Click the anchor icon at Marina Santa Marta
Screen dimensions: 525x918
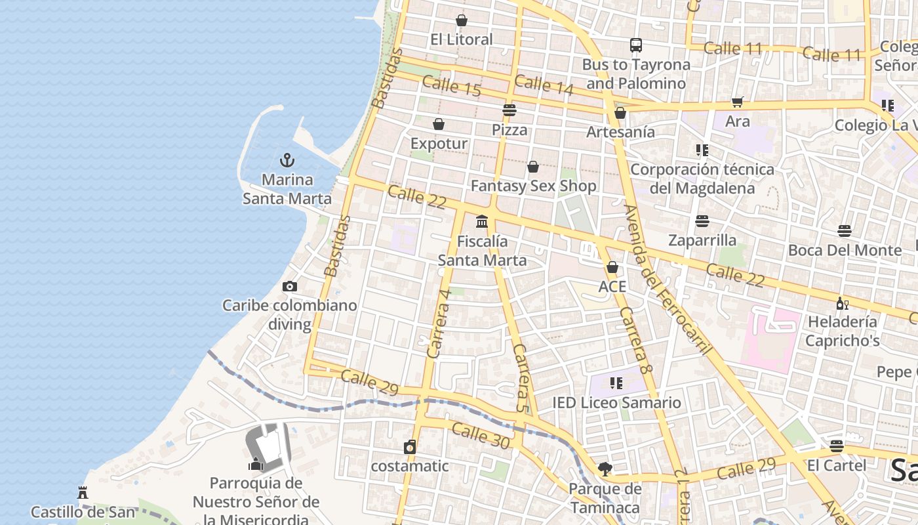287,159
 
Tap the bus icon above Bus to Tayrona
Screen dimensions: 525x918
636,45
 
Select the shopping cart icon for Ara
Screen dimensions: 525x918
738,102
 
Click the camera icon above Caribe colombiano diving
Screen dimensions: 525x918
289,286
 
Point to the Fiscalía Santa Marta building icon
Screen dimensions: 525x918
482,222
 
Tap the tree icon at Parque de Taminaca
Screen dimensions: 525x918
605,469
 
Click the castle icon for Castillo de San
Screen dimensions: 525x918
83,492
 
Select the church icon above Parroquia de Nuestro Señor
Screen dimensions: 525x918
255,464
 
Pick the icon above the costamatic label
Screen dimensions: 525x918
410,447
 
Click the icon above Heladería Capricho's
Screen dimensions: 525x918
842,303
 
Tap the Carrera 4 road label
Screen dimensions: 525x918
439,324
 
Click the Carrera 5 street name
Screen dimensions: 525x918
521,378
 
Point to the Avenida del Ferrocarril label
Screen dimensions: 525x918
668,280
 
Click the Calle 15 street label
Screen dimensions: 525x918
452,86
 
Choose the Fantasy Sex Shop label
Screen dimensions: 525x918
534,186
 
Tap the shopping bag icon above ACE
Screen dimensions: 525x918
612,267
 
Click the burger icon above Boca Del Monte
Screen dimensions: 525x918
845,231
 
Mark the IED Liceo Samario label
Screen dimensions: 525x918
616,402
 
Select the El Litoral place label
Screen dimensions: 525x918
462,39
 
